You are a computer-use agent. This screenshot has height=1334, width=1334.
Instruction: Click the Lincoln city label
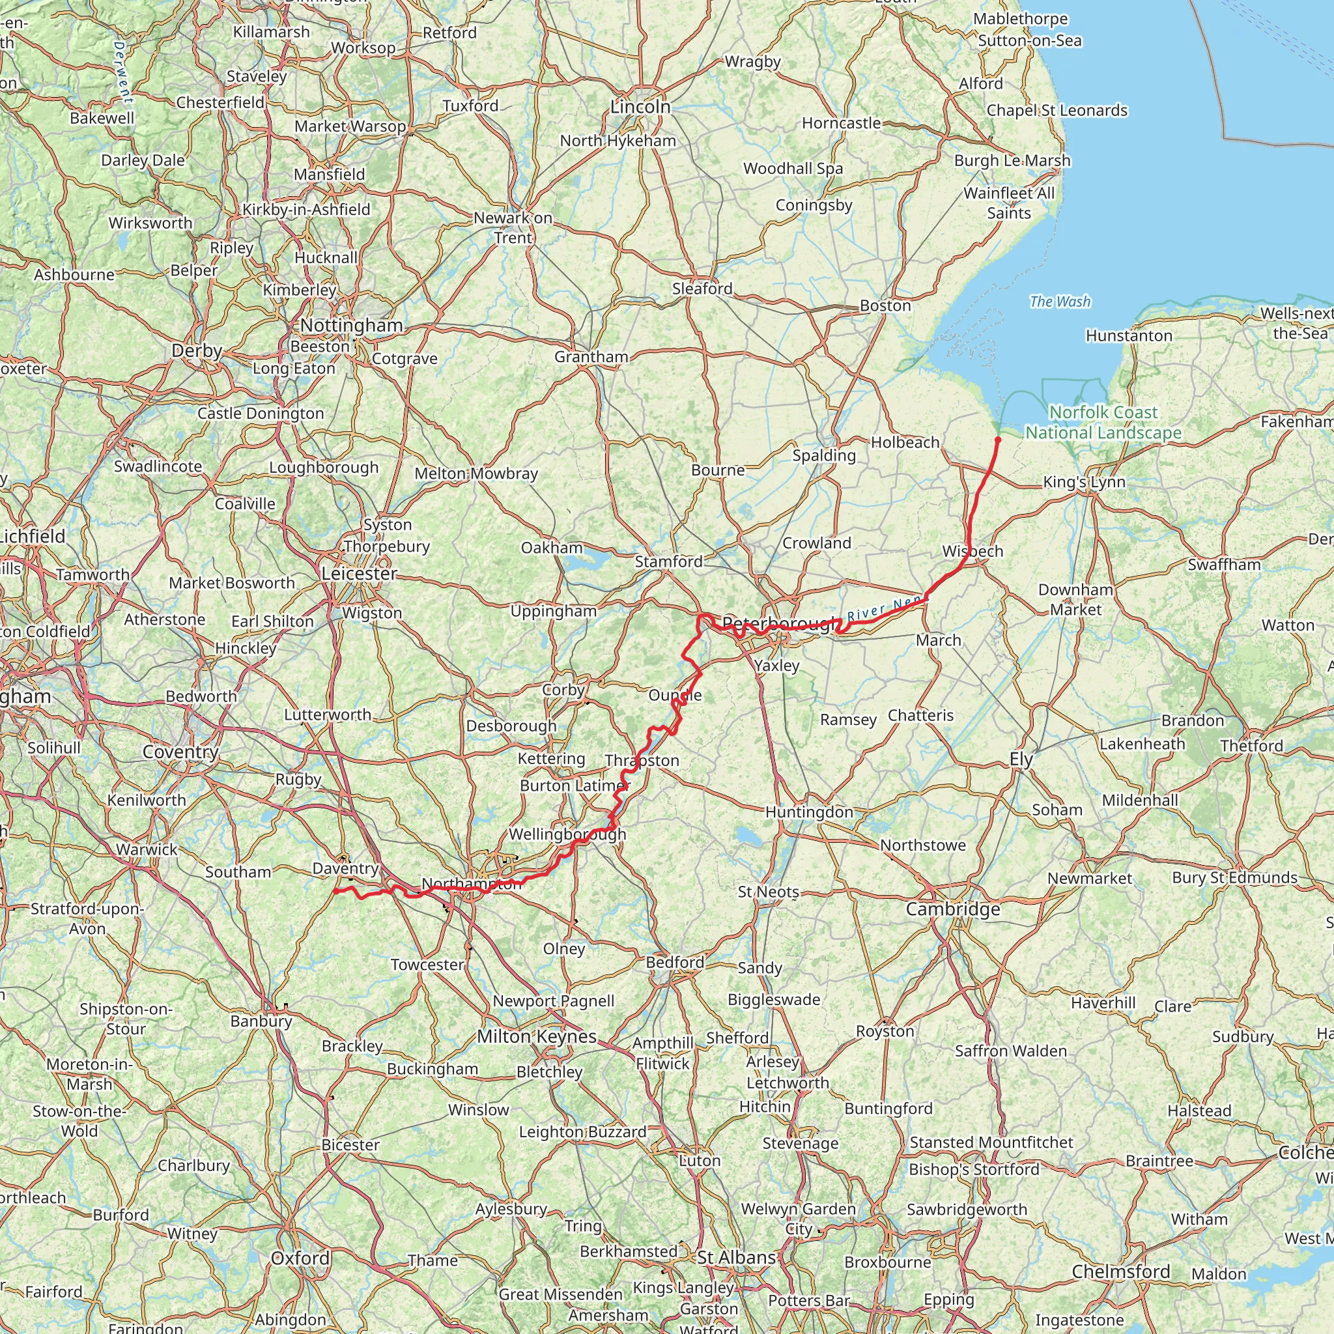pos(640,107)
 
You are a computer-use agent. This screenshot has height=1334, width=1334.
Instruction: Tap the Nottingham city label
pos(352,325)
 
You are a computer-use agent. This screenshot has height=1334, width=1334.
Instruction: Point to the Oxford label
pos(300,1258)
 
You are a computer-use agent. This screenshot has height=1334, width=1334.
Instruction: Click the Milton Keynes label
pos(537,1036)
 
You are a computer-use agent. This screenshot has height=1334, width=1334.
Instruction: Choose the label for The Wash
pos(1060,302)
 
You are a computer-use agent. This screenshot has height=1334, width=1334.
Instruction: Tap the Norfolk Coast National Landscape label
pos(1103,423)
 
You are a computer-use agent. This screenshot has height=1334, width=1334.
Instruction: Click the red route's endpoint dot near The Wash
pos(998,439)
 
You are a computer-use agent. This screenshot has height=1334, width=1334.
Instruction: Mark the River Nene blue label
pos(886,608)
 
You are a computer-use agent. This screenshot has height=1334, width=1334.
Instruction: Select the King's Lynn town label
pos(1084,482)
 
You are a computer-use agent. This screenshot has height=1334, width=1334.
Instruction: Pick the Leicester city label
pos(359,574)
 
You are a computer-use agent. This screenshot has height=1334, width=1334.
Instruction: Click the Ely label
pos(1021,759)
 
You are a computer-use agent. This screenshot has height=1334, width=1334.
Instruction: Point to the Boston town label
pos(885,306)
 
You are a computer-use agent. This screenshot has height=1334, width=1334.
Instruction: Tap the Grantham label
pos(591,357)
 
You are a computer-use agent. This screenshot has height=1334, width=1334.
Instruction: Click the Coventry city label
pos(180,751)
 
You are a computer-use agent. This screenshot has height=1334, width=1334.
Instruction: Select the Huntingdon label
pos(809,812)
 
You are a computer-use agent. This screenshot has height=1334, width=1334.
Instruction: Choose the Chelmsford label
pos(1120,1272)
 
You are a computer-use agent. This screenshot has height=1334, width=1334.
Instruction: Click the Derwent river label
pos(122,72)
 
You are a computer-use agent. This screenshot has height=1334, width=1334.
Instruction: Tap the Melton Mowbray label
pos(475,474)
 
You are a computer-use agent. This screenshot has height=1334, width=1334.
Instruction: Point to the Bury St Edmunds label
pos(1234,877)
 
